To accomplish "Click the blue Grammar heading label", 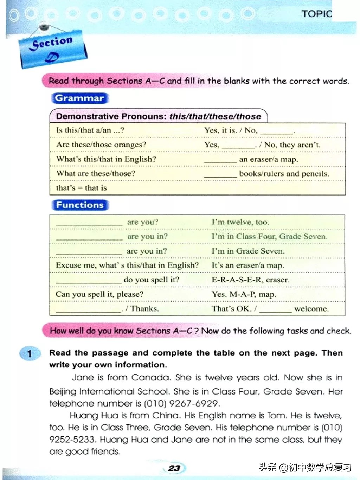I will pos(80,98).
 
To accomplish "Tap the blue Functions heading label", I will pos(80,205).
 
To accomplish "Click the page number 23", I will pos(174,468).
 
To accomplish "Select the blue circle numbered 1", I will pos(30,353).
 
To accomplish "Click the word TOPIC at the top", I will pos(316,14).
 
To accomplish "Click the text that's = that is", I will pos(81,188).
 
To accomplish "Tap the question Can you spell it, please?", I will pos(99,294).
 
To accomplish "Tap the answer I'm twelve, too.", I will pos(240,222).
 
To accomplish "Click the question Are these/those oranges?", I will pos(101,145).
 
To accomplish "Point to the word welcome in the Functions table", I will pos(311,309).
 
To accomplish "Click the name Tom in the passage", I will pos(276,416).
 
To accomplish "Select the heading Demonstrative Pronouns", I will pos(112,116).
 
